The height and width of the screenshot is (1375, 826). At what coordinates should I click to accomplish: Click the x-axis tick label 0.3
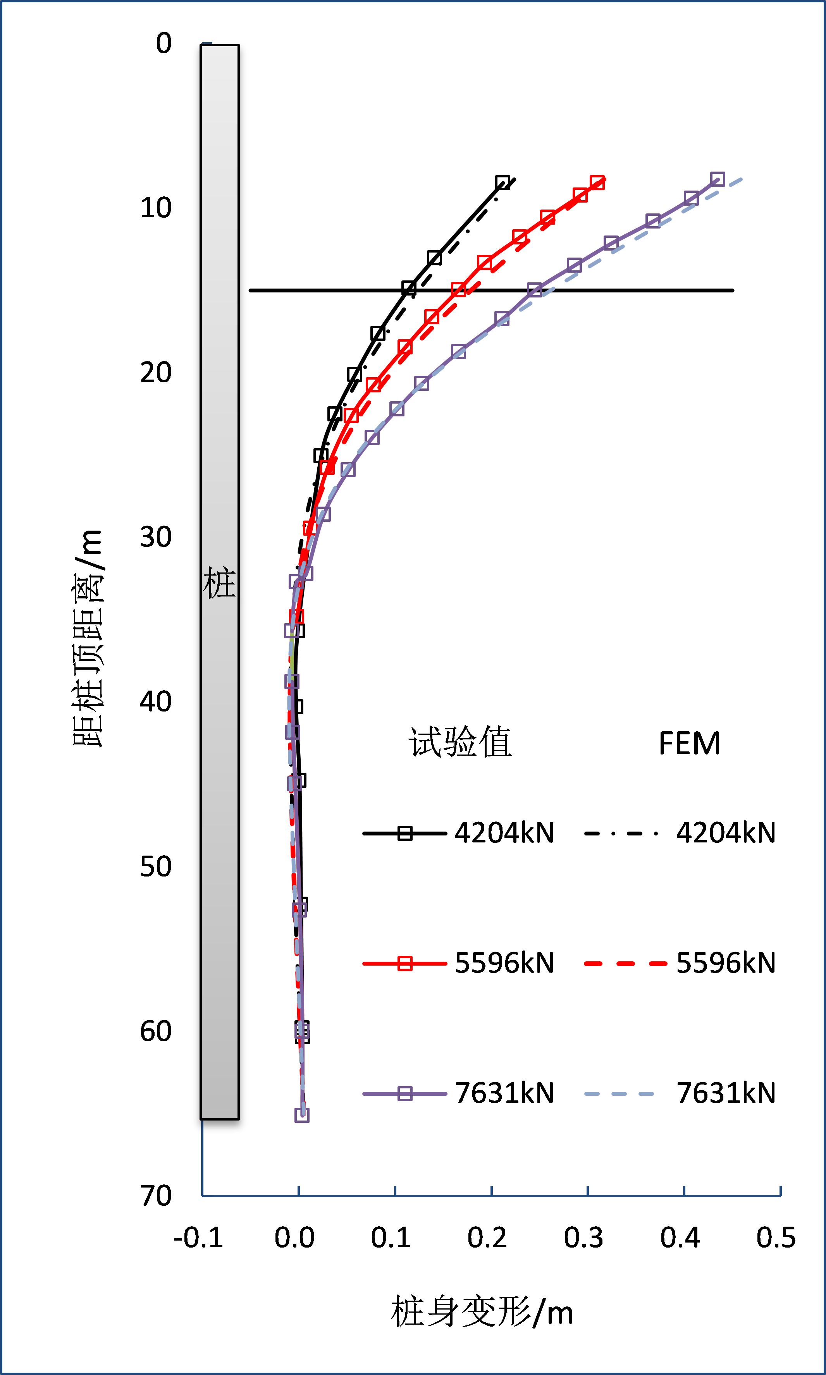[x=583, y=1237]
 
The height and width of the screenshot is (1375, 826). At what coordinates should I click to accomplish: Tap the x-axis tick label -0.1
[x=198, y=1237]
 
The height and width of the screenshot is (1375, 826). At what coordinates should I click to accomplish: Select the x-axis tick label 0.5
[x=776, y=1237]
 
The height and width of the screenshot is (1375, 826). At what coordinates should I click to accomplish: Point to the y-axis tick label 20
[x=156, y=372]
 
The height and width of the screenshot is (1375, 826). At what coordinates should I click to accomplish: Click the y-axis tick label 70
[x=156, y=1195]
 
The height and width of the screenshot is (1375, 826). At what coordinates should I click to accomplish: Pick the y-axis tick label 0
[x=163, y=43]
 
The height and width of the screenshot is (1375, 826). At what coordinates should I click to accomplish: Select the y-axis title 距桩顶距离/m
[x=88, y=638]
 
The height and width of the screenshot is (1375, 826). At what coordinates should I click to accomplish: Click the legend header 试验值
[x=460, y=742]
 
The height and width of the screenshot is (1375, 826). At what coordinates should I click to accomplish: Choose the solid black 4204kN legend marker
[x=404, y=833]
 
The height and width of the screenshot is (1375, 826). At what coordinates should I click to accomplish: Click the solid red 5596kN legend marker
[x=404, y=963]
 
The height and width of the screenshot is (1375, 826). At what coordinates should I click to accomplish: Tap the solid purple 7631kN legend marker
[x=404, y=1093]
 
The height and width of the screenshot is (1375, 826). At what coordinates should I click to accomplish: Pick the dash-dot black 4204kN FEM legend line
[x=621, y=833]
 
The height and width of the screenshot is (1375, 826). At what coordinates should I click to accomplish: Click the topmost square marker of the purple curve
[x=718, y=179]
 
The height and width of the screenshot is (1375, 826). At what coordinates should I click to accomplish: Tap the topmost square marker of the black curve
[x=502, y=182]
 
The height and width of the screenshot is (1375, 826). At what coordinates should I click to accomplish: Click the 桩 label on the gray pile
[x=219, y=583]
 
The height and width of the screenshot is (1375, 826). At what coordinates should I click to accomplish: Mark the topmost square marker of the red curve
[x=597, y=182]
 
